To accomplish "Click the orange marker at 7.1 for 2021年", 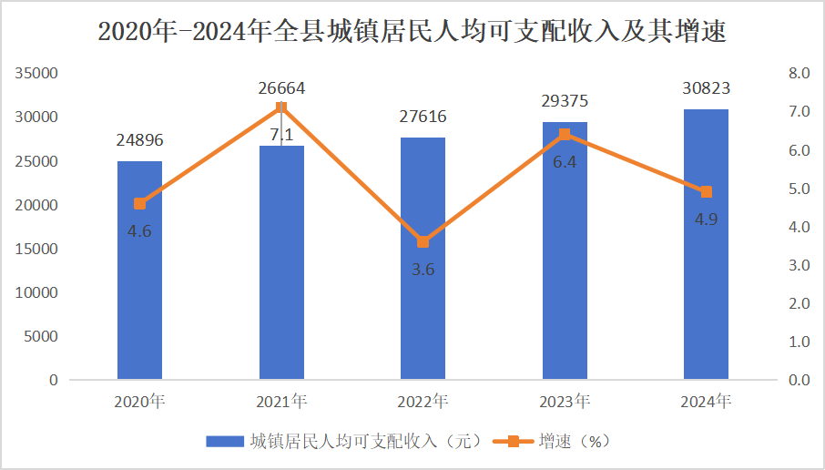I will (281, 107).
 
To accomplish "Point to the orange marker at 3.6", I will (423, 241).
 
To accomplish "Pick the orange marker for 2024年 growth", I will (706, 191).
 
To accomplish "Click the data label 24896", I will (139, 140).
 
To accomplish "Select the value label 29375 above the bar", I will (565, 102).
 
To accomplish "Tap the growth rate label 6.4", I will (565, 161).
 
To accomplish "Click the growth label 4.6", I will (139, 230).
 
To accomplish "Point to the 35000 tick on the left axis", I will (39, 73).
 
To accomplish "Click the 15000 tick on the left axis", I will (39, 249).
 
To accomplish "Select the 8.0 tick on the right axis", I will (799, 73).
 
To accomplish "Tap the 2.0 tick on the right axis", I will (799, 303).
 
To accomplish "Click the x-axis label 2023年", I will (565, 401).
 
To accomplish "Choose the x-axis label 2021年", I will (281, 401).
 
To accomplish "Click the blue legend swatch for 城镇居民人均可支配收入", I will (226, 442).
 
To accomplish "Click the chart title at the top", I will (412, 33).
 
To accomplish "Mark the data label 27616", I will (423, 117).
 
